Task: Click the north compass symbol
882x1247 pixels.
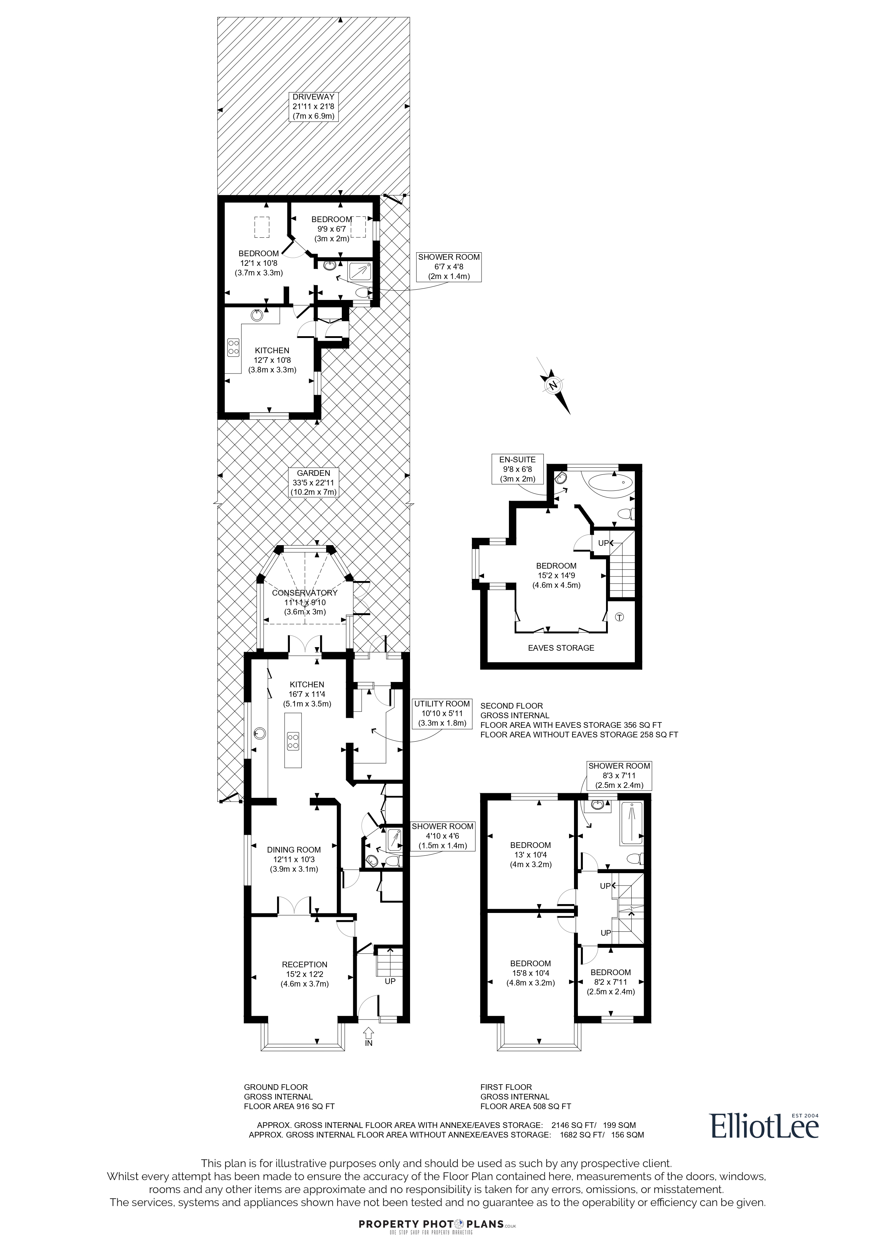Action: coord(554,386)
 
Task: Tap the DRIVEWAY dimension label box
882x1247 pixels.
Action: coord(314,107)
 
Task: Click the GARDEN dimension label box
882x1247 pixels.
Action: coord(314,482)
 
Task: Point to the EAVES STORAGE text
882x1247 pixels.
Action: coord(561,648)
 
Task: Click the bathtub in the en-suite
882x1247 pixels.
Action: coord(608,482)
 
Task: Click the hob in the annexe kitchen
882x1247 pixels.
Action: coord(234,347)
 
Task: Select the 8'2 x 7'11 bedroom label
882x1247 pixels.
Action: coord(611,982)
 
